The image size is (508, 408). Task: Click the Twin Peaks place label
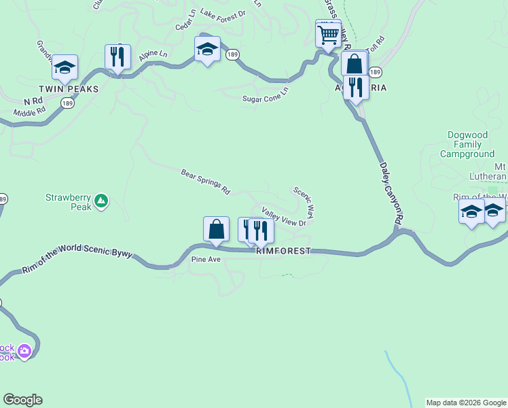click(x=69, y=89)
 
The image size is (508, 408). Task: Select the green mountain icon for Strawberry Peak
click(x=101, y=200)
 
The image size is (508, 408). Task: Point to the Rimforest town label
click(x=283, y=251)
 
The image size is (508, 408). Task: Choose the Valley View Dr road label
click(x=284, y=217)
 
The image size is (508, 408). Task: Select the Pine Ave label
click(x=206, y=260)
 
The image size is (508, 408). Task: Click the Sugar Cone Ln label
click(x=266, y=95)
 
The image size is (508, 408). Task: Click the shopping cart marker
click(x=328, y=33)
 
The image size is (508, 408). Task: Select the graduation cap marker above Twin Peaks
click(x=65, y=67)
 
